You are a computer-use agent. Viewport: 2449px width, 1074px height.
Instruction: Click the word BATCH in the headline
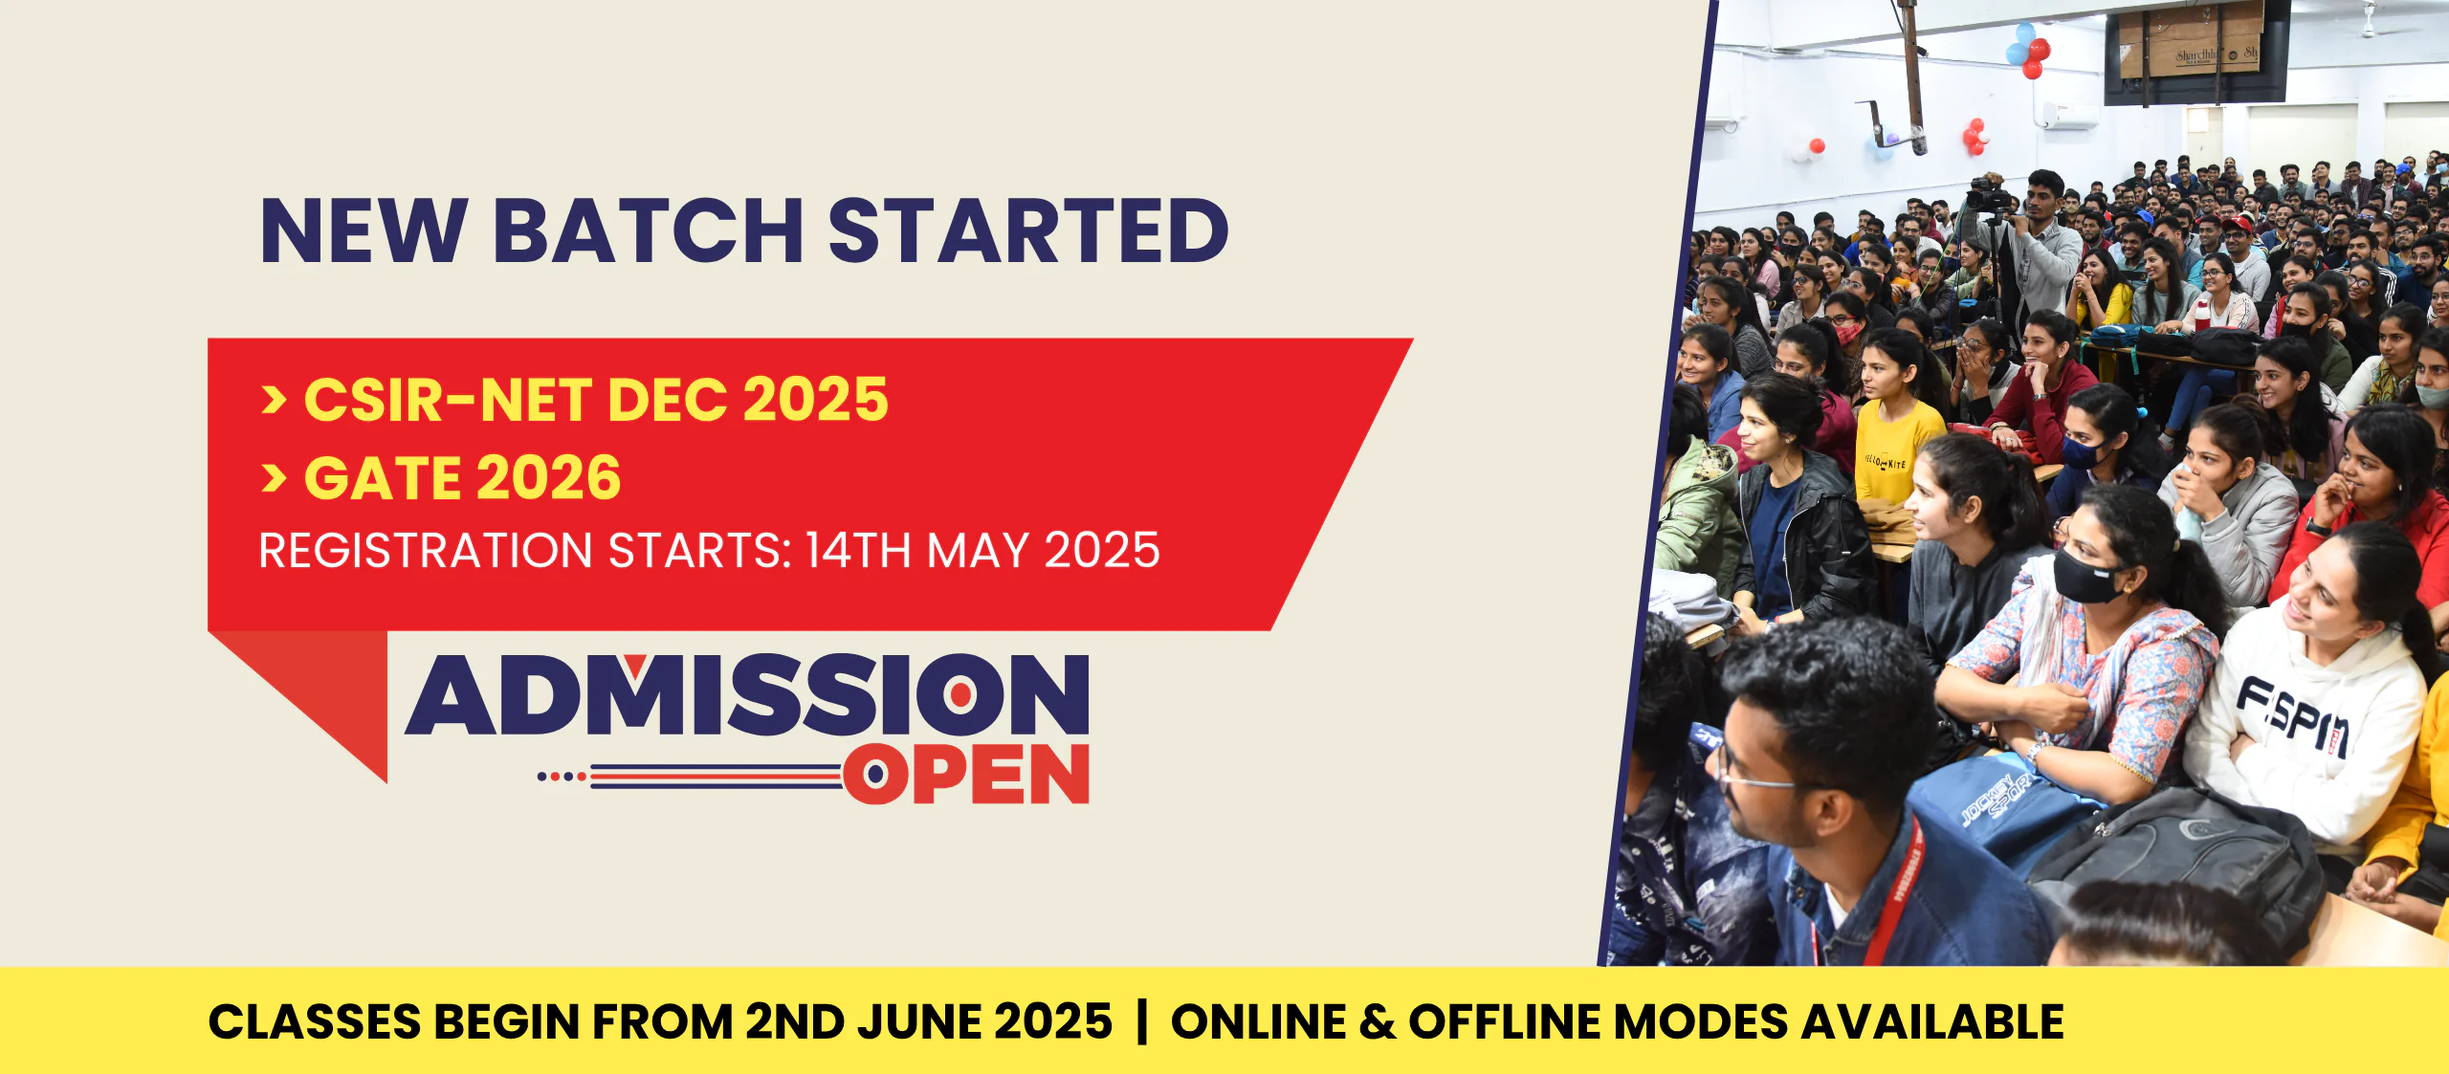(x=649, y=230)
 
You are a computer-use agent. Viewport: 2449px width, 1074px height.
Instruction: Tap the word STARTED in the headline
(x=1028, y=230)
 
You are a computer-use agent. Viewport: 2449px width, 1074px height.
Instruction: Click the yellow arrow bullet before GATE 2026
(x=274, y=477)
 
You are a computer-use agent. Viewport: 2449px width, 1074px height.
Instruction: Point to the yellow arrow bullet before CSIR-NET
(x=274, y=399)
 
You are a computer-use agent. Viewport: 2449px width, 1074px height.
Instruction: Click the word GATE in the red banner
(x=381, y=477)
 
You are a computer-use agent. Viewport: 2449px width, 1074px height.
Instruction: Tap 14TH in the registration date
(x=857, y=551)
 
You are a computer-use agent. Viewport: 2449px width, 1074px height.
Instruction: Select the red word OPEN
(x=966, y=774)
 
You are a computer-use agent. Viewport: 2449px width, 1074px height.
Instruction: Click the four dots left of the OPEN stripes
(x=562, y=777)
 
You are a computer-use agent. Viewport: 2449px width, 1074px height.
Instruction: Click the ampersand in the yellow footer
(x=1378, y=1021)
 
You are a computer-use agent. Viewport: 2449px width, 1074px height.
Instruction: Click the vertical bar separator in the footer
(x=1141, y=1021)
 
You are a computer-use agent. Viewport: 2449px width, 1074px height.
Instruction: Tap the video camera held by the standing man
(x=1990, y=197)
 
